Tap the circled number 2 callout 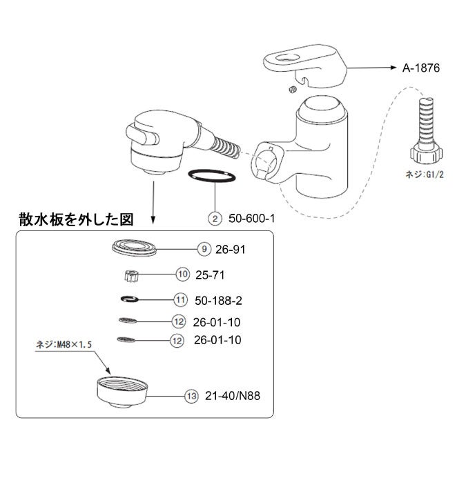pyautogui.click(x=215, y=219)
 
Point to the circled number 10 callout pyautogui.click(x=182, y=275)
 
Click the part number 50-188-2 pyautogui.click(x=217, y=300)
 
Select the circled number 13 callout pyautogui.click(x=191, y=396)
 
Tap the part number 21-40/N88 pyautogui.click(x=232, y=396)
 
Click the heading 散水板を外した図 pyautogui.click(x=75, y=220)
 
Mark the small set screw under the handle pyautogui.click(x=292, y=88)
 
